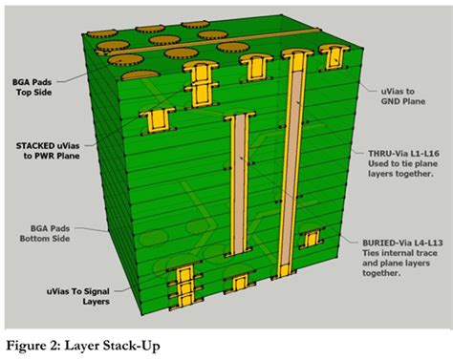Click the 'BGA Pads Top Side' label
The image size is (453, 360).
pos(32,87)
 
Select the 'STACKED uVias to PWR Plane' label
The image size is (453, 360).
pos(48,151)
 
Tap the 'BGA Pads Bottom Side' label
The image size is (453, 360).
pos(45,233)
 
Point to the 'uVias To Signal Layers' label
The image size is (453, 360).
pos(78,296)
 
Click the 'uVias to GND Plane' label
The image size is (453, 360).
pos(403,96)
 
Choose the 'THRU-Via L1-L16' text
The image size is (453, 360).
pos(403,154)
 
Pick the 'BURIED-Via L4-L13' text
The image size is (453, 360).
pos(402,243)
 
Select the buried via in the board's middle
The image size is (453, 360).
pos(240,184)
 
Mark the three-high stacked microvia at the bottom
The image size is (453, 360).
pos(185,286)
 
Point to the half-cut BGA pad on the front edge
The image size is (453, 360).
pos(140,75)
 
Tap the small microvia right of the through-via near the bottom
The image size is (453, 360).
pos(312,239)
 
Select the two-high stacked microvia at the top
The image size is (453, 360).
pos(201,85)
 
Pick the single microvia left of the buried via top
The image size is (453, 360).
pos(158,121)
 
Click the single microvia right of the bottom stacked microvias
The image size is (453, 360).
pos(239,283)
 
